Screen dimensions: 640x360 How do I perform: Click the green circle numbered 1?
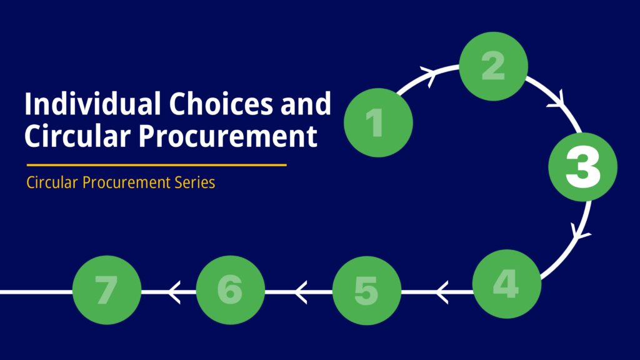pos(378,122)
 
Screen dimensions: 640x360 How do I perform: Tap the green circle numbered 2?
pos(494,66)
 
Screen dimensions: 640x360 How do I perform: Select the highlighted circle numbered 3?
pos(583,167)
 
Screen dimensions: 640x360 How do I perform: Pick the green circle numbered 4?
pos(507,284)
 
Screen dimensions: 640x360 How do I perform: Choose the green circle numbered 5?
pos(367,291)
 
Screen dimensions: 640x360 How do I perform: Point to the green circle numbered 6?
pos(231,290)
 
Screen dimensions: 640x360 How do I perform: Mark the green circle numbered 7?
pos(107,290)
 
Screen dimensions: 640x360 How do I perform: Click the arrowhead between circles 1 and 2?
pos(429,75)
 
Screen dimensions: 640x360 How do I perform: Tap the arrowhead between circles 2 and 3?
pos(557,101)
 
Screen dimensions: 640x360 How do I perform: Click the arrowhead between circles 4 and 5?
pos(442,292)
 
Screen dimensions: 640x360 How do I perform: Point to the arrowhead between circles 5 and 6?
pos(301,292)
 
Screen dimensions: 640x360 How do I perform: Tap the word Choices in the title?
pos(221,104)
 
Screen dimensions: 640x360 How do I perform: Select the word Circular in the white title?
pos(77,136)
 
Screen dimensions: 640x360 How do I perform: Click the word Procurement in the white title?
pos(227,136)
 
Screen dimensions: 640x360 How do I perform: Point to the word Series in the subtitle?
pos(195,182)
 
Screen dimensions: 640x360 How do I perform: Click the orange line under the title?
pos(157,165)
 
